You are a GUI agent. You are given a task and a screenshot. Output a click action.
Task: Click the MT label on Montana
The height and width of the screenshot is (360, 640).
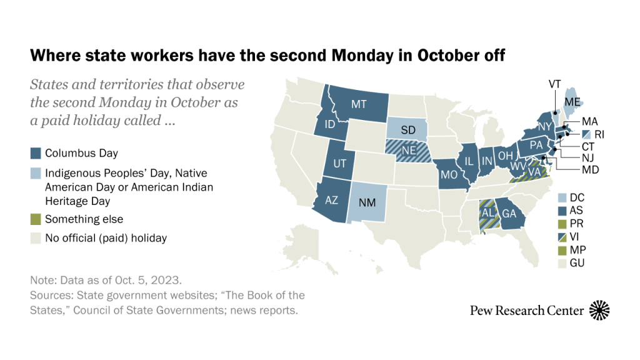click(x=358, y=104)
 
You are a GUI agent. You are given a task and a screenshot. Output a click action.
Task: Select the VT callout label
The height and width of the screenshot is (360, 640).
click(x=554, y=84)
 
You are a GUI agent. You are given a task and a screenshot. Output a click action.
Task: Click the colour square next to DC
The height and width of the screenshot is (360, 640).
click(x=564, y=197)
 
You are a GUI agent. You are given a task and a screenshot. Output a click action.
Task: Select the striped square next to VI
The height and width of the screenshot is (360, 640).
click(x=564, y=236)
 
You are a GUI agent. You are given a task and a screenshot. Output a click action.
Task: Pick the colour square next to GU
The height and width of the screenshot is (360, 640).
click(x=564, y=263)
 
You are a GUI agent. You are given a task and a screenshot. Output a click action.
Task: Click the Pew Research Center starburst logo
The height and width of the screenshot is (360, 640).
click(x=599, y=310)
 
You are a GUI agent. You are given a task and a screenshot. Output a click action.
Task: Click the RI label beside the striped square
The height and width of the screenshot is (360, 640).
click(x=599, y=134)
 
